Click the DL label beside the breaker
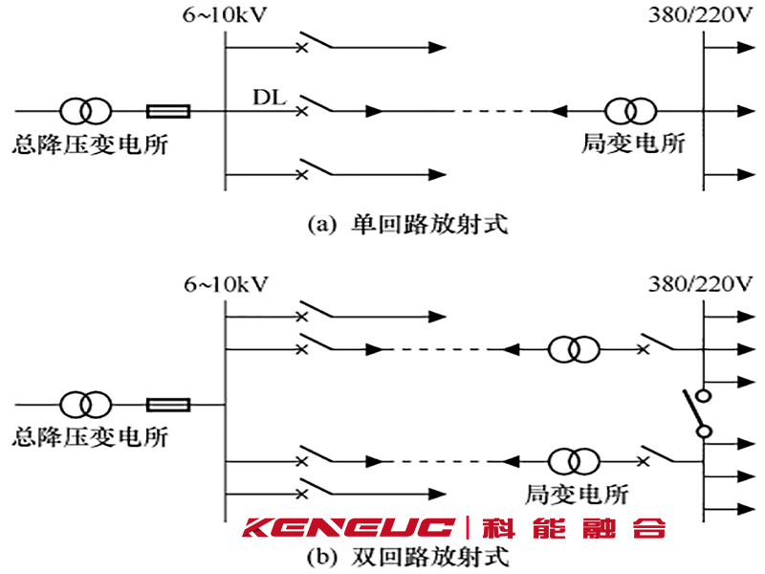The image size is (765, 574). pos(269,98)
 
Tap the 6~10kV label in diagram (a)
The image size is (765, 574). pos(225,15)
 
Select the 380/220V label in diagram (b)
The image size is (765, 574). pos(701,283)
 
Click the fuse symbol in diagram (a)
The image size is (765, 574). pos(168,111)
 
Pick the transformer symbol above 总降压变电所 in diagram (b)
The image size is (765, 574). pos(85,405)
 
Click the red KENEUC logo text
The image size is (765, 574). pos(348,528)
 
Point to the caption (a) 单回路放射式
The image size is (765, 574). pos(408,225)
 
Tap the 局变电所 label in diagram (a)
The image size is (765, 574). pos(633,143)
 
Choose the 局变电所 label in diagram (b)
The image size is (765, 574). pos(577,494)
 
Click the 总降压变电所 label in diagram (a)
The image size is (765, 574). pos(90,144)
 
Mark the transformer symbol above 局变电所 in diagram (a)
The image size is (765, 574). pos(630,111)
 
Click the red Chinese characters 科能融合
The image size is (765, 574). pos(574,528)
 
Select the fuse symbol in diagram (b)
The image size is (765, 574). pos(168,405)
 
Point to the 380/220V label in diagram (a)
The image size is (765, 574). pos(701,15)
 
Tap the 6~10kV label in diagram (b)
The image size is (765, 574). pos(226,284)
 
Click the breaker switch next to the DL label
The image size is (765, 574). pos(316,104)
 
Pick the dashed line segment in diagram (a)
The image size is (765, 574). pos(492,111)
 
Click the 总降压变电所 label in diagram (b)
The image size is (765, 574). pos(90,437)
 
